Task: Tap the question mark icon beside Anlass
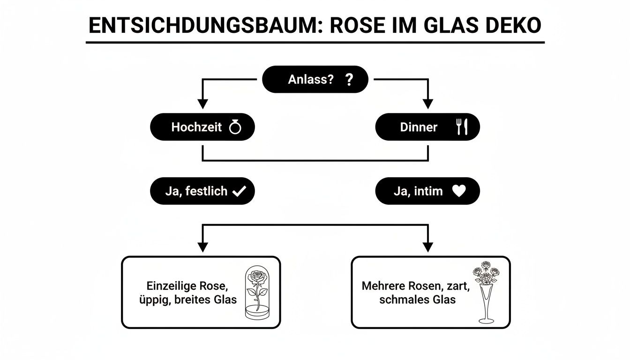point(348,80)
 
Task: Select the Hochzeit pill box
point(202,127)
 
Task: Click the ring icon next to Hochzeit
point(235,127)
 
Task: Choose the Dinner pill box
point(427,127)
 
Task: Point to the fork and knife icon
point(462,127)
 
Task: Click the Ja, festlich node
point(202,191)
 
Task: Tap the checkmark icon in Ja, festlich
point(239,191)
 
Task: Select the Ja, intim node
point(427,191)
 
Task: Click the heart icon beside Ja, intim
point(459,191)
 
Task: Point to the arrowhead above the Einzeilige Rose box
point(202,247)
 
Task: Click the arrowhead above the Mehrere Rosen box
point(427,247)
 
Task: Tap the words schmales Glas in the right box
point(417,300)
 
